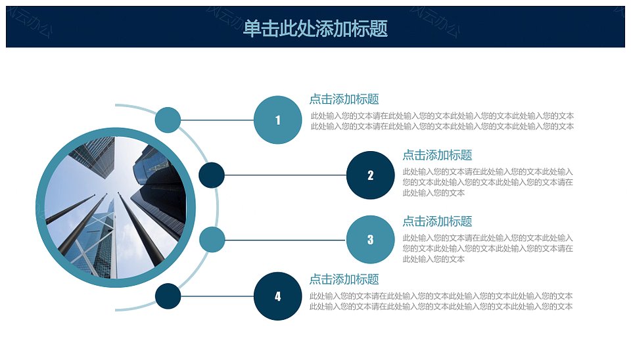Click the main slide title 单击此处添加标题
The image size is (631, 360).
click(315, 28)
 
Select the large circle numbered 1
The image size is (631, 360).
click(277, 120)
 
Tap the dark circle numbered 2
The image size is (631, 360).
click(370, 175)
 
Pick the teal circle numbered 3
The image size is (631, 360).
click(370, 239)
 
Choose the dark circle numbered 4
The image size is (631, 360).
click(277, 296)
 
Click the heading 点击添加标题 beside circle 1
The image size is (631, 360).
click(344, 99)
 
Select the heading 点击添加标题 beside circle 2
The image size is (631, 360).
click(438, 155)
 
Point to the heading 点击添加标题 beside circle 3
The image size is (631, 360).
click(438, 221)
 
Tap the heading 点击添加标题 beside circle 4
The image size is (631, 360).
click(344, 279)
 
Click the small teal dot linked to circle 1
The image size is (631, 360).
click(168, 120)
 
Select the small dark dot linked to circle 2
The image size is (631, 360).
click(212, 175)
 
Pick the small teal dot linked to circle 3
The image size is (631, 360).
click(212, 239)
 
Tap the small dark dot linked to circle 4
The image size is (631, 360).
click(168, 296)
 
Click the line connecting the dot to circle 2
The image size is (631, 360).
click(285, 175)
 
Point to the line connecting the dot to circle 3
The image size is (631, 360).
click(285, 240)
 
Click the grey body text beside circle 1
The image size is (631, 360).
click(442, 121)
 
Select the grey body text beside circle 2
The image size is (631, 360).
click(488, 182)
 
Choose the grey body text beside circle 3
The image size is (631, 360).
click(488, 248)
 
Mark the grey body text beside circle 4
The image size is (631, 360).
click(441, 302)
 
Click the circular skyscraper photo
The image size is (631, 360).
click(116, 208)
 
